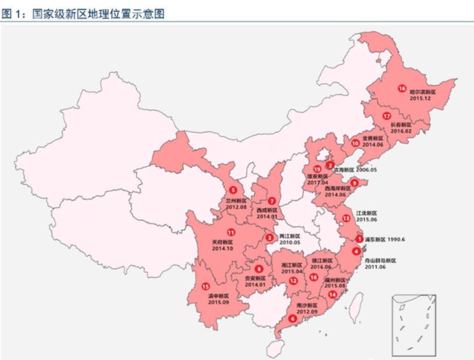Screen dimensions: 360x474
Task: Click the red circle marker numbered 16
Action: point(402,89)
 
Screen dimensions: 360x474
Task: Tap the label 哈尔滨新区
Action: point(422,92)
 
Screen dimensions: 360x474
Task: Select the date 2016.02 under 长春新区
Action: point(401,131)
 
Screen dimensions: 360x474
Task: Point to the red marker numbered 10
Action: point(355,143)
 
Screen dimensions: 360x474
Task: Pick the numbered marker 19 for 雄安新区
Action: point(317,169)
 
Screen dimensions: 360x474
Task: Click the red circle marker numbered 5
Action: point(233,189)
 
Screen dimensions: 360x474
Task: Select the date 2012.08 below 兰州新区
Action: point(235,207)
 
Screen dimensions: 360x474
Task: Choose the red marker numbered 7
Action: point(271,201)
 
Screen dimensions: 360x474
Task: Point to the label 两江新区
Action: point(290,236)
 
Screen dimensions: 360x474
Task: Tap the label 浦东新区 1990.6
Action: point(385,239)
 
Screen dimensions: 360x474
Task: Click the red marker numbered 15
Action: point(205,286)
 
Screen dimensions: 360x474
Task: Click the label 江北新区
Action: point(366,213)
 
